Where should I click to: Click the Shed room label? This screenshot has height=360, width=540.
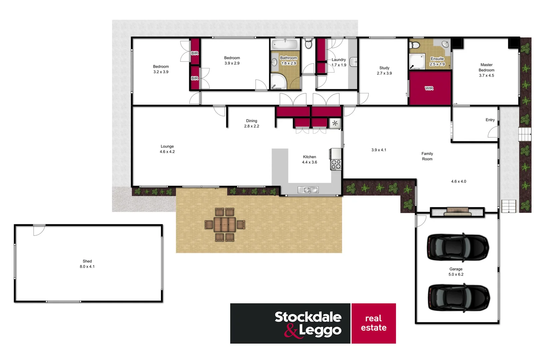[87, 261]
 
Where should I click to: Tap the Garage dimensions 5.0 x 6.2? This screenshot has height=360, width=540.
[456, 274]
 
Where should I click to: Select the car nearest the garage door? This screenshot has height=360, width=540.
[458, 247]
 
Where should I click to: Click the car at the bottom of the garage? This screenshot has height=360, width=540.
[458, 298]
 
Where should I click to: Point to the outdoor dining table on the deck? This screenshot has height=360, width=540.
[225, 224]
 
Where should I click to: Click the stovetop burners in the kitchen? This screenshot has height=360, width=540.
[336, 164]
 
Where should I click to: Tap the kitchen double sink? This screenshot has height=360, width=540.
[308, 190]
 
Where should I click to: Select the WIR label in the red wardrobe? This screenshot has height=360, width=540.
[429, 88]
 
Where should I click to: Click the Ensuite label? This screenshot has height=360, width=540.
[437, 59]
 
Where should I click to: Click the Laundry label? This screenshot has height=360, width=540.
[339, 60]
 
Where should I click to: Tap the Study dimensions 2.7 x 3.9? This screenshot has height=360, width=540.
[384, 73]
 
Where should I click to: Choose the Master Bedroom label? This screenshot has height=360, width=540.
[486, 67]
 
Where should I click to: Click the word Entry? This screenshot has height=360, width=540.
[490, 120]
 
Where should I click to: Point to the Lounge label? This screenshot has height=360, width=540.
[167, 146]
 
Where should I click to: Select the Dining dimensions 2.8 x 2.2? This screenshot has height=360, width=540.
[251, 126]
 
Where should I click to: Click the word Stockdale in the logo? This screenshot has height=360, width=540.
[308, 317]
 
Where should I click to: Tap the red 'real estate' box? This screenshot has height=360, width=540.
[374, 323]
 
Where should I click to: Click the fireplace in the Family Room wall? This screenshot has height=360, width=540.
[457, 211]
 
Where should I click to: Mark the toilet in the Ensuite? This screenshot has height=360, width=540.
[413, 45]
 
